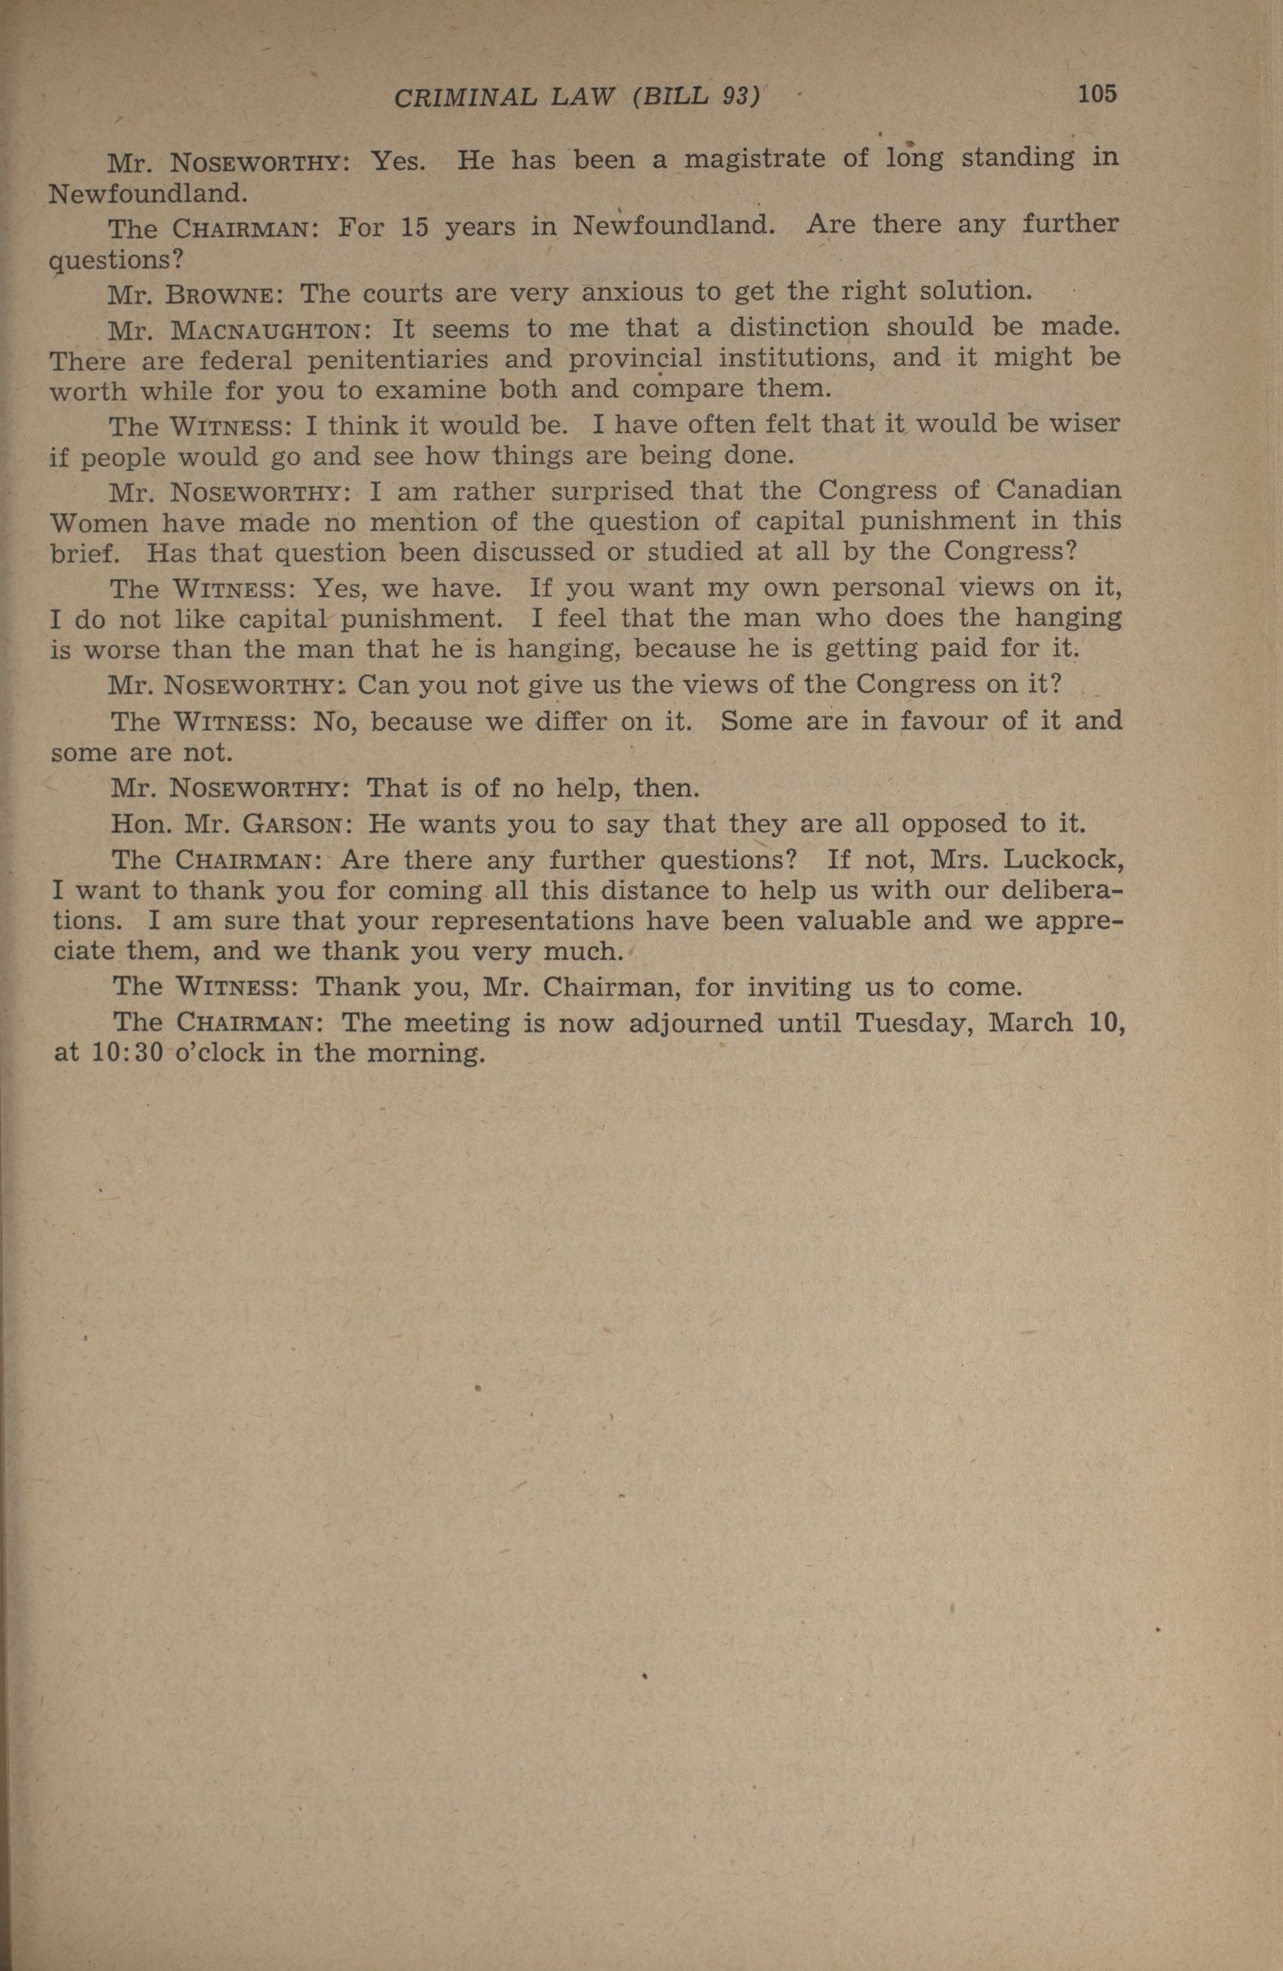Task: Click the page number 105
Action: pyautogui.click(x=1096, y=94)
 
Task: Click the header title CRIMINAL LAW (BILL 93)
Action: pyautogui.click(x=576, y=98)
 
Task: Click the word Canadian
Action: pyautogui.click(x=1058, y=490)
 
